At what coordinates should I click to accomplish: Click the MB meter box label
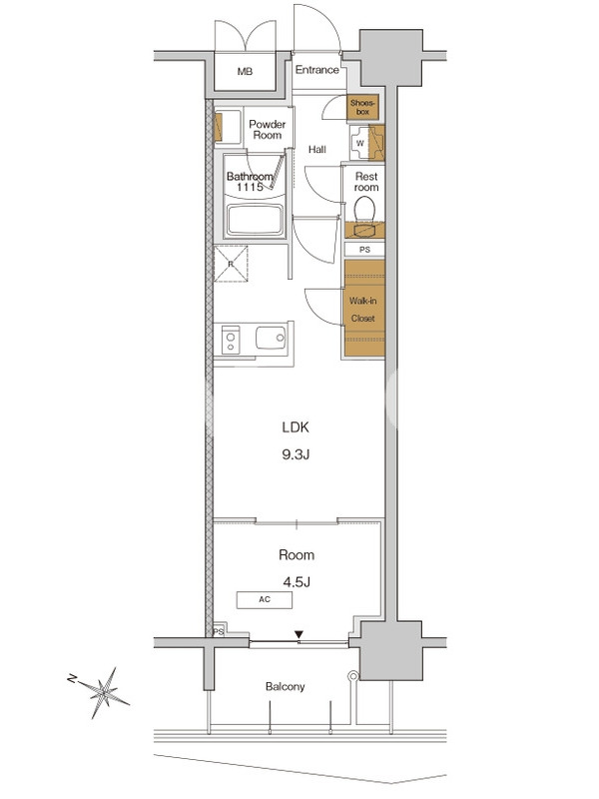[x=245, y=72]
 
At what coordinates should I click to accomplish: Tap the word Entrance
[x=316, y=70]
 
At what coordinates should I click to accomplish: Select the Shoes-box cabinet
[x=362, y=108]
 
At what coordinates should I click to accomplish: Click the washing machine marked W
[x=359, y=143]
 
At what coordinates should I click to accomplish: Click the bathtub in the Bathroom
[x=255, y=220]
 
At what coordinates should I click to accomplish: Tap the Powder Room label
[x=268, y=130]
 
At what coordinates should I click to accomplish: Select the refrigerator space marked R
[x=231, y=264]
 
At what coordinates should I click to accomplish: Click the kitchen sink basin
[x=271, y=338]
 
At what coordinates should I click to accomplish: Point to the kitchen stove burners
[x=231, y=342]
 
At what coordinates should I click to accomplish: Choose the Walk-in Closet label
[x=362, y=310]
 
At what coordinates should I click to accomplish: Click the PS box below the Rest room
[x=364, y=250]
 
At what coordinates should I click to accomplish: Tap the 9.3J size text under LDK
[x=296, y=454]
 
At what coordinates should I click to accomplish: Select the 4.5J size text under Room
[x=297, y=581]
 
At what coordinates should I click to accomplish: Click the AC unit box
[x=265, y=600]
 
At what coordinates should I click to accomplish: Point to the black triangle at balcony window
[x=299, y=634]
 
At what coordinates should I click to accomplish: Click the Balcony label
[x=286, y=686]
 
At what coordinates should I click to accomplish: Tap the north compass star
[x=105, y=692]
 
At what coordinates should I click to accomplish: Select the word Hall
[x=316, y=149]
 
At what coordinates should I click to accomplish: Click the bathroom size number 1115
[x=250, y=187]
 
